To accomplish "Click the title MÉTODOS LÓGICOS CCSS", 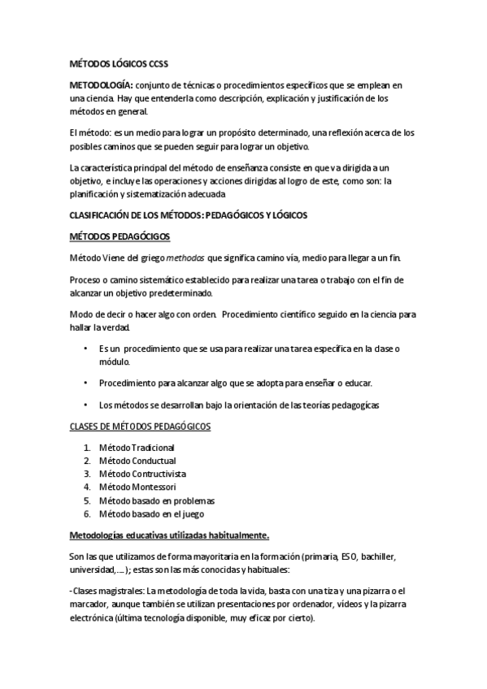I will (x=119, y=63).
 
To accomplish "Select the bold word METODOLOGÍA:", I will (x=100, y=84).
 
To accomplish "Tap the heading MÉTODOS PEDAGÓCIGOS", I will (x=118, y=236).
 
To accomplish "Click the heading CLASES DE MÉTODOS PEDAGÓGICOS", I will (x=139, y=427).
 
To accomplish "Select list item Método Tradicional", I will (x=137, y=448).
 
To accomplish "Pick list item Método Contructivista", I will (x=142, y=474).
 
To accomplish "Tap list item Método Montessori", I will (x=137, y=487).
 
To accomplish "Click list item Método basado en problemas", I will (x=157, y=500).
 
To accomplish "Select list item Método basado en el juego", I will (x=151, y=513).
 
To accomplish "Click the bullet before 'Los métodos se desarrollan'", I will (x=86, y=405).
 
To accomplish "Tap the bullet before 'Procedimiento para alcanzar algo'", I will (x=86, y=383).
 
